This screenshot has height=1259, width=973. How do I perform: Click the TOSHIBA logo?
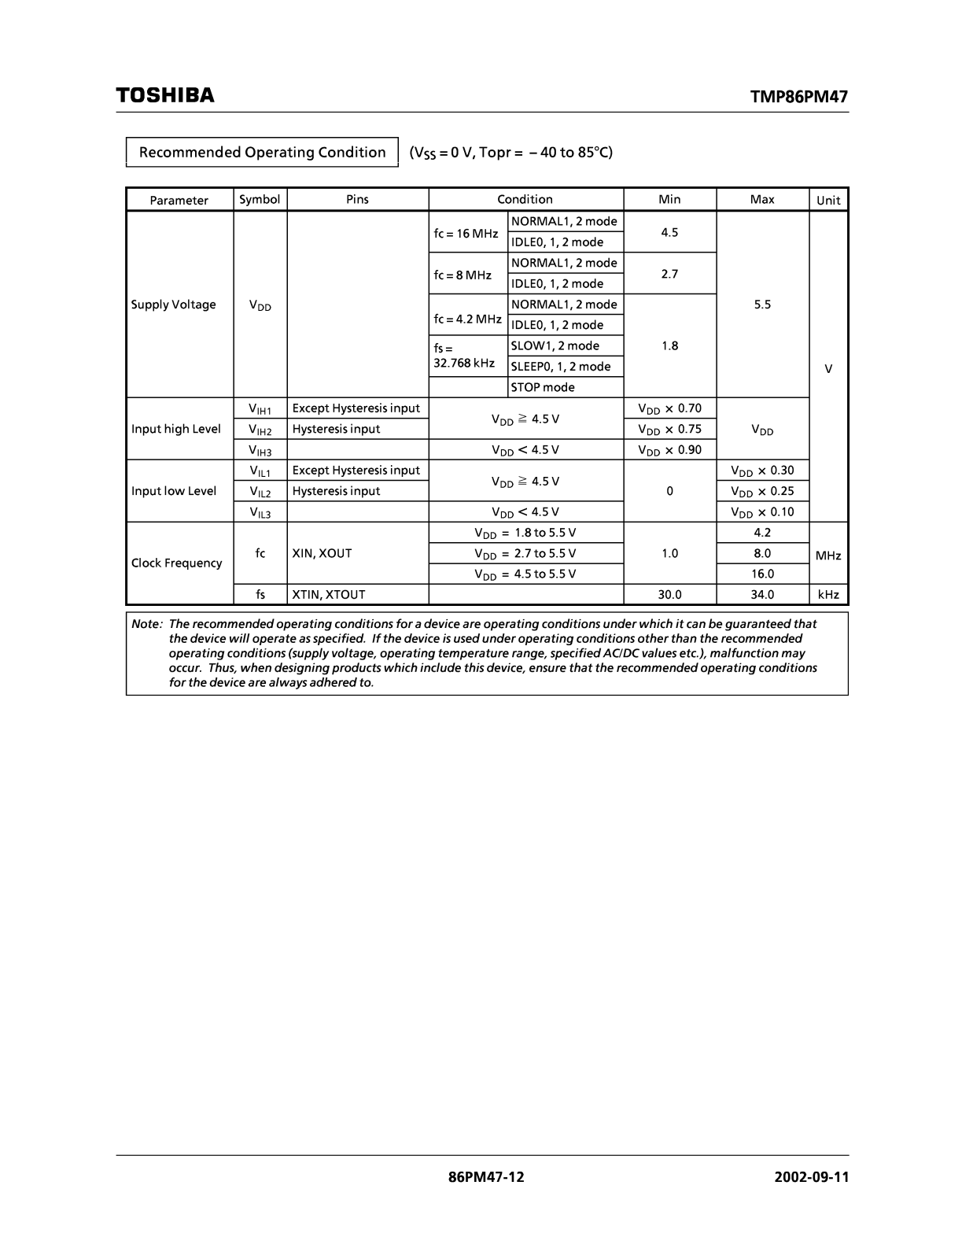point(165,95)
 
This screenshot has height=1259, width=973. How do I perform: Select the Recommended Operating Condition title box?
point(262,152)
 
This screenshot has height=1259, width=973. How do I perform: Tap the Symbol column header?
point(260,199)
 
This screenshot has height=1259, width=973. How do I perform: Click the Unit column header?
point(828,200)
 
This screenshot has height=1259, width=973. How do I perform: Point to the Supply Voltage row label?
point(173,305)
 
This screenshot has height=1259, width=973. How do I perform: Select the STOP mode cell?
point(543,387)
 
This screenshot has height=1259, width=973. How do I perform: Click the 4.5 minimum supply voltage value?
point(669,232)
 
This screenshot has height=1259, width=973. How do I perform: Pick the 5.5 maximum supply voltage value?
point(762,305)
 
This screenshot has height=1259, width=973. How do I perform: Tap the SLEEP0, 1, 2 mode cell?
point(561,366)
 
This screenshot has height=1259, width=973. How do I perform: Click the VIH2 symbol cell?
point(260,430)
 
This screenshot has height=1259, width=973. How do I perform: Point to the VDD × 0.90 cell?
point(669,450)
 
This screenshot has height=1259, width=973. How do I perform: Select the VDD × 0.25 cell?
point(762,491)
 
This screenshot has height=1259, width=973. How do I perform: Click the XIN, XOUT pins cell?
point(322,553)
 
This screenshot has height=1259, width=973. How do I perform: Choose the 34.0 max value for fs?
point(762,595)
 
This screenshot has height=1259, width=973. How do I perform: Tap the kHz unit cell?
point(828,595)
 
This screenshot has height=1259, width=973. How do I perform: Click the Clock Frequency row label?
point(177,563)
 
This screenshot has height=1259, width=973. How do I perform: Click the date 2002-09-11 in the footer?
point(811,1177)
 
